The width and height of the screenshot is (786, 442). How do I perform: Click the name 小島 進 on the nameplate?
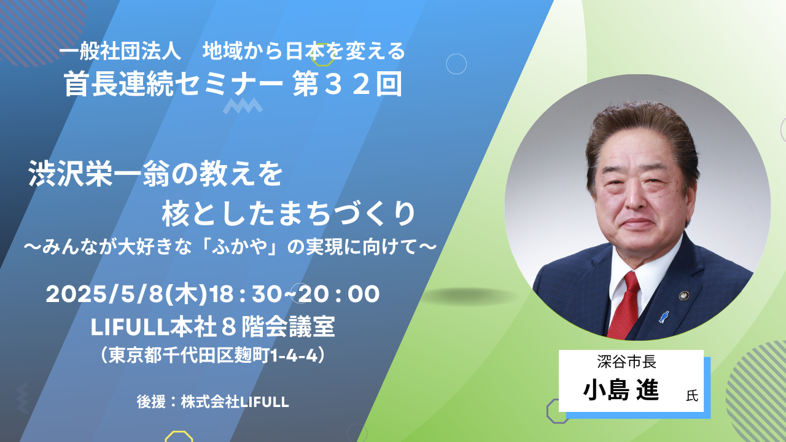[621, 390]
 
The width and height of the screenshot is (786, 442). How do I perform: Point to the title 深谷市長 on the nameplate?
[627, 362]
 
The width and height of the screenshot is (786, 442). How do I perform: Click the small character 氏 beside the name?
[692, 396]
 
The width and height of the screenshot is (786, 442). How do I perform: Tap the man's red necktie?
[625, 306]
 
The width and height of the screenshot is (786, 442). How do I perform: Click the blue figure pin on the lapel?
[664, 317]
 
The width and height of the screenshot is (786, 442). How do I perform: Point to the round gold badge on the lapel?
[683, 296]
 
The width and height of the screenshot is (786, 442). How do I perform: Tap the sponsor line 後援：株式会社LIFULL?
[212, 402]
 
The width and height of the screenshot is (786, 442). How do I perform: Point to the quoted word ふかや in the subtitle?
[239, 247]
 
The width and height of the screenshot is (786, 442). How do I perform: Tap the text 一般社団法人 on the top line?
[120, 52]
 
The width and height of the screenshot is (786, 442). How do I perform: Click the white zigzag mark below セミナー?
[243, 106]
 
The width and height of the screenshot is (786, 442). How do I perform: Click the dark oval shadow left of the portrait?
[469, 297]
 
